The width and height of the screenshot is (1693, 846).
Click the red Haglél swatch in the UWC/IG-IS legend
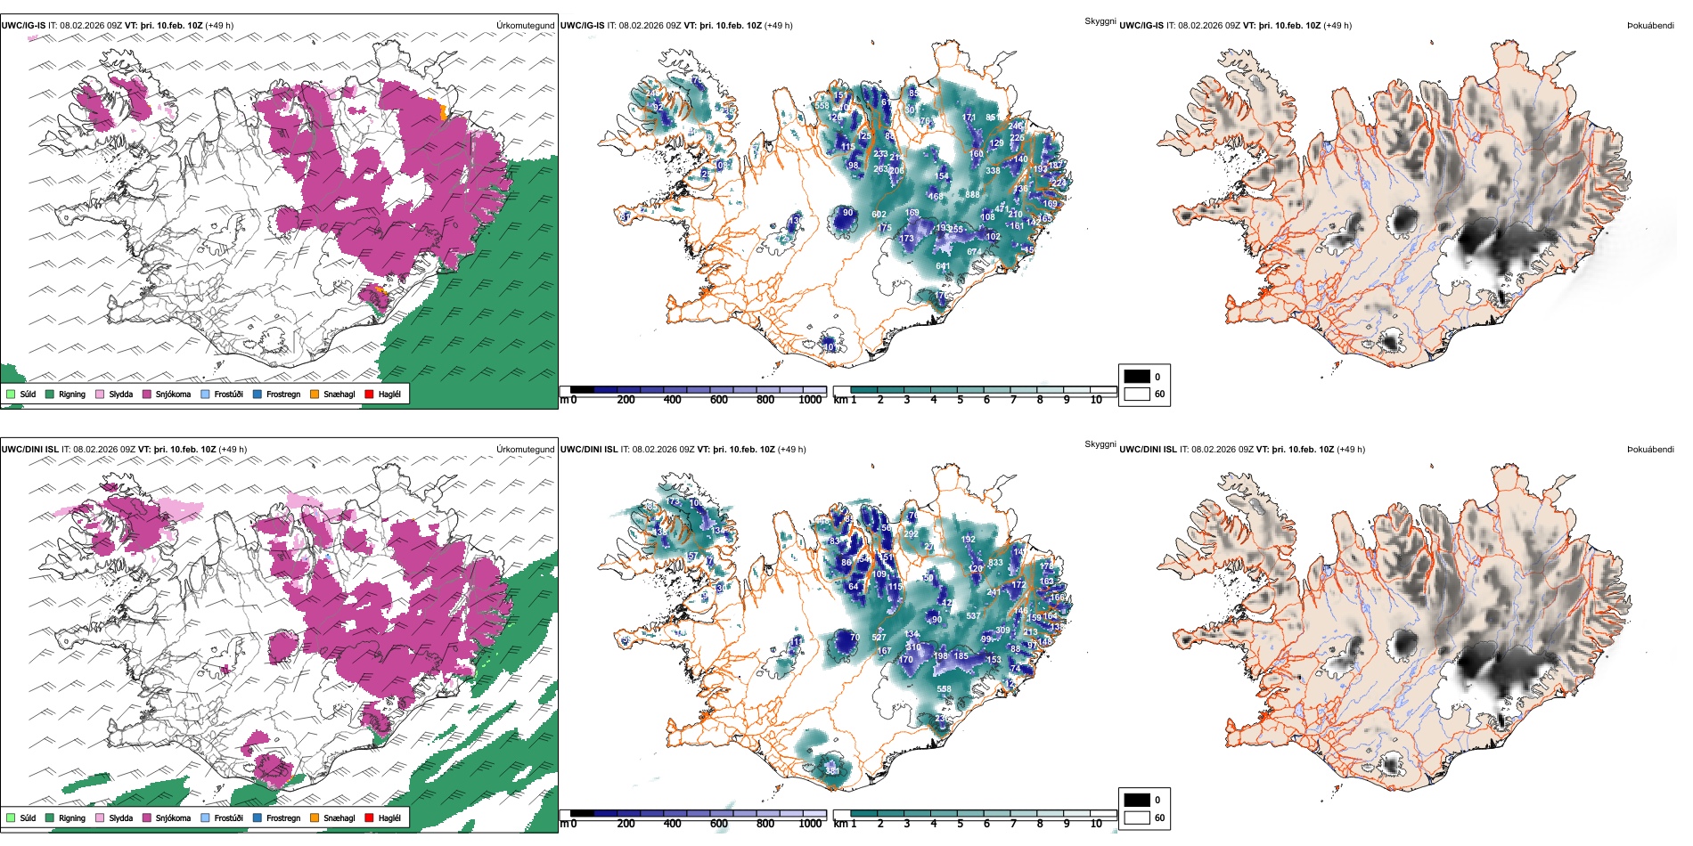(x=369, y=394)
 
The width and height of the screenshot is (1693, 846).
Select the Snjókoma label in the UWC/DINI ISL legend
(x=173, y=818)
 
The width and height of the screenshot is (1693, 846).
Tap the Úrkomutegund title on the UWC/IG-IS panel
(x=525, y=26)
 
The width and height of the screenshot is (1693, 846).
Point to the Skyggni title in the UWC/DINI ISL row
(x=1100, y=443)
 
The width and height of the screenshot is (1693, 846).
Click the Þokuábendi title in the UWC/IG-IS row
(x=1650, y=26)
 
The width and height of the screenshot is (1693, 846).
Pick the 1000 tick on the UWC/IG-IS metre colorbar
(x=810, y=400)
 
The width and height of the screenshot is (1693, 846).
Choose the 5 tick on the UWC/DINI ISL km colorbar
(x=961, y=824)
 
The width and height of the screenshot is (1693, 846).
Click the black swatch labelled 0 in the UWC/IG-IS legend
(x=1137, y=377)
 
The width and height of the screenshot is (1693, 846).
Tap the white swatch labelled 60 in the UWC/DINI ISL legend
(x=1137, y=818)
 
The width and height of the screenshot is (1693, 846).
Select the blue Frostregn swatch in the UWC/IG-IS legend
(x=258, y=394)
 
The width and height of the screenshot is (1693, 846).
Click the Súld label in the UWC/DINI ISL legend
(x=28, y=818)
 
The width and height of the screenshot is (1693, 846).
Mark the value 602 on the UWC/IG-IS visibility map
(x=879, y=215)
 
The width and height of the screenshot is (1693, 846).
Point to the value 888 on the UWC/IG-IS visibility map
(x=972, y=195)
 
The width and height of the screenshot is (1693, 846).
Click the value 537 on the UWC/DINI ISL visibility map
(x=973, y=616)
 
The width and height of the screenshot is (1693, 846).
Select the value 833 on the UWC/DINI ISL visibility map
(x=995, y=563)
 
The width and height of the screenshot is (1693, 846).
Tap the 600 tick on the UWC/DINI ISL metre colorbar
(x=718, y=824)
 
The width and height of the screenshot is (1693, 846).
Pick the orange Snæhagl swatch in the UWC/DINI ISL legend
(x=315, y=818)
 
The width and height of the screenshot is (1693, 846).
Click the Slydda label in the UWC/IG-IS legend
(x=120, y=394)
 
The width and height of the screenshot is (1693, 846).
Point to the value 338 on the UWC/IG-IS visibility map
(x=993, y=171)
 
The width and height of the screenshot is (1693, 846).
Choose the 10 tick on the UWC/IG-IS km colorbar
(x=1096, y=400)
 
